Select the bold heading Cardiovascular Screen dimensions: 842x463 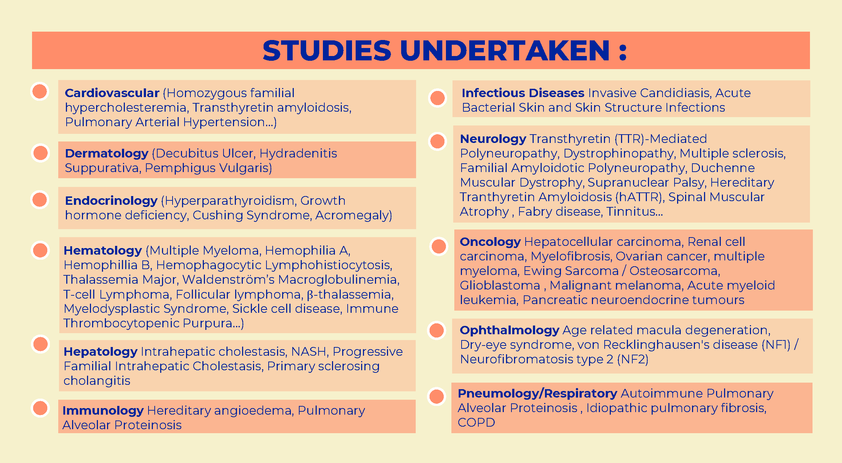(112, 93)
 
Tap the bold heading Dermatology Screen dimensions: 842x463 (107, 154)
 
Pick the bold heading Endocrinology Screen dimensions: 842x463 (111, 201)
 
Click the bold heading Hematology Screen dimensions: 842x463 (103, 251)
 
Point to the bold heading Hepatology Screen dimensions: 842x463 (100, 352)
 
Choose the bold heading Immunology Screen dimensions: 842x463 (103, 411)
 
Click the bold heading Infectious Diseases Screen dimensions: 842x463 (523, 93)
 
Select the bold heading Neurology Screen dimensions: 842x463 (493, 139)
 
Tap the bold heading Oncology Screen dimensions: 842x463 (490, 242)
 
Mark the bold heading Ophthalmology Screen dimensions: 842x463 (510, 331)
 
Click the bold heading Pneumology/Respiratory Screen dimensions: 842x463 (537, 394)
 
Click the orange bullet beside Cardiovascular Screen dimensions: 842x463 (40, 91)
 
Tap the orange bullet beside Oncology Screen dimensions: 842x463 (439, 246)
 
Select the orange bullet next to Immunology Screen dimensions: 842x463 (40, 408)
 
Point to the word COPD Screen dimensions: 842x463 (476, 423)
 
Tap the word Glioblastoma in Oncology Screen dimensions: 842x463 (500, 286)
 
